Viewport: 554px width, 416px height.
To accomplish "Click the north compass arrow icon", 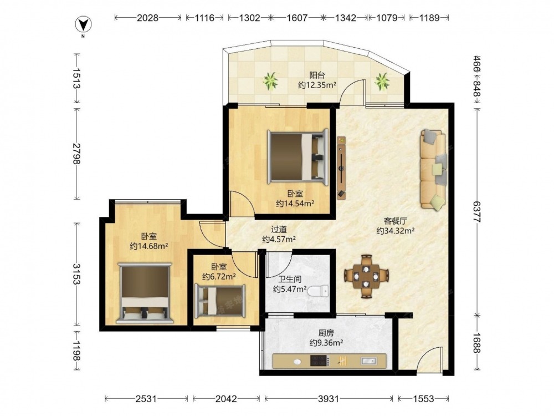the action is (84, 25).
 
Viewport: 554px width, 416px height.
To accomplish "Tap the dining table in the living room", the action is (366, 276).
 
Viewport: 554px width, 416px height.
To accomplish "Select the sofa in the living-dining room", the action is (433, 169).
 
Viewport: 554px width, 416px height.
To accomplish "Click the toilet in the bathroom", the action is (318, 291).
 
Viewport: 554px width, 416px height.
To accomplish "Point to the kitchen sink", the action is (368, 361).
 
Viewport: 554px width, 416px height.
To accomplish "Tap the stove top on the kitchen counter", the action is (320, 361).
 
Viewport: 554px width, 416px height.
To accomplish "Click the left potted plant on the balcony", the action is (271, 80).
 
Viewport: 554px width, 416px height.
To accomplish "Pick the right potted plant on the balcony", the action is (382, 81).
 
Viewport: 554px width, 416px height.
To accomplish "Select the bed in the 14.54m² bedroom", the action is (297, 157).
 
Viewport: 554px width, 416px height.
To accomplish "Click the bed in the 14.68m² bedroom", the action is (145, 293).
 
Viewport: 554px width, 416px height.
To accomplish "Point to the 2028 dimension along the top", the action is (148, 18).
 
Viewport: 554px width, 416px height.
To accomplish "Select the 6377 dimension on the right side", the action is (476, 212).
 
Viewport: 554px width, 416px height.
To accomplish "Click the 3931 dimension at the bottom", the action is (329, 399).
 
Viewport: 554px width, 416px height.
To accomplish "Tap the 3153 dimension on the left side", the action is (76, 273).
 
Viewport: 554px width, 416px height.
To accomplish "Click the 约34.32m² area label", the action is (396, 231).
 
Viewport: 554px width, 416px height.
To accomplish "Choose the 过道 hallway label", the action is (279, 230).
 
